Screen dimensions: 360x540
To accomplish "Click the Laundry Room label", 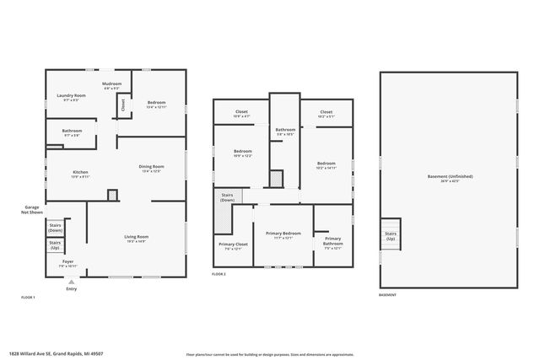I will [72, 97].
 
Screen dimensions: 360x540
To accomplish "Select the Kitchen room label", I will [80, 174].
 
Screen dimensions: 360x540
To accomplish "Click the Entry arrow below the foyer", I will [70, 282].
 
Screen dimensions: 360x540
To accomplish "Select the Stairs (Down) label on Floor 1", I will [56, 227].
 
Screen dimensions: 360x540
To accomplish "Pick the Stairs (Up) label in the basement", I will [391, 236].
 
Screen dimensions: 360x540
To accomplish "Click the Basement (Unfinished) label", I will [449, 178].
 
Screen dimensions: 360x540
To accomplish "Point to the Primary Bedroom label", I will [283, 234].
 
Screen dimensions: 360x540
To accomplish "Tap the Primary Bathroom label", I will [332, 242].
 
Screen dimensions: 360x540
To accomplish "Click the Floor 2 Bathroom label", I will [285, 131].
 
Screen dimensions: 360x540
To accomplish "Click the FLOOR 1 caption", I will [28, 298].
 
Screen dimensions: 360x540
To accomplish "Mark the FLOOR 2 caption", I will [219, 274].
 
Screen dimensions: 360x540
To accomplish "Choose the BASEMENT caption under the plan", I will [387, 295].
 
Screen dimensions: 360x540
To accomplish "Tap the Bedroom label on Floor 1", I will [156, 104].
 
